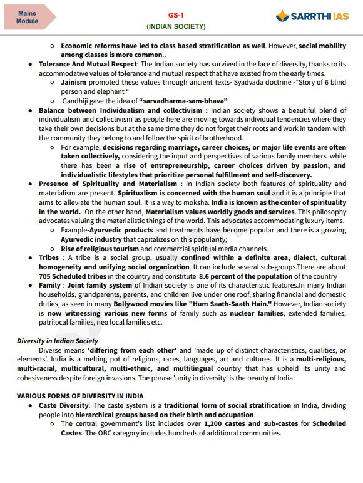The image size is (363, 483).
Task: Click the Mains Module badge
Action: (28, 16)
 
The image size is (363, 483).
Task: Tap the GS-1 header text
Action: (176, 15)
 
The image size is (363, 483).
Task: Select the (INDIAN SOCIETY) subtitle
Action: (176, 27)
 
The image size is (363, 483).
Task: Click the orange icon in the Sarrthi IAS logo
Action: (284, 16)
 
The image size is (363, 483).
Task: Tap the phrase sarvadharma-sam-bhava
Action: (184, 100)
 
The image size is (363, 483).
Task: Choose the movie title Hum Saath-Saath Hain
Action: (209, 303)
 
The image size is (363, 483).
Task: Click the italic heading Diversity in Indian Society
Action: (57, 341)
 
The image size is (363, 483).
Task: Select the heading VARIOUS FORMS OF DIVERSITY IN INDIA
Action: (79, 396)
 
